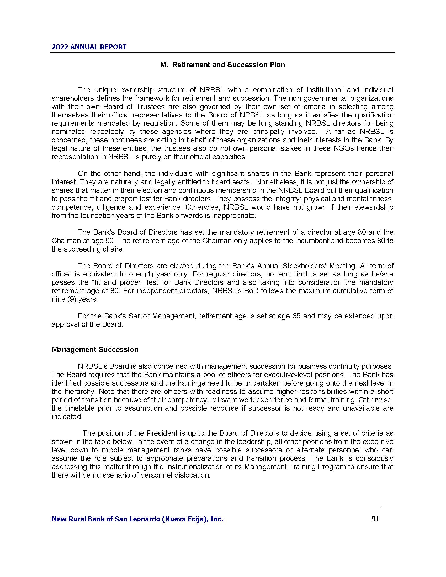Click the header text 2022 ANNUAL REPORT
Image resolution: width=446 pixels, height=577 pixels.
click(89, 47)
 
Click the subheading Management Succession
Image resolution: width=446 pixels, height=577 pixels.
click(95, 350)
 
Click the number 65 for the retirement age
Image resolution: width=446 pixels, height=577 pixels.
click(296, 316)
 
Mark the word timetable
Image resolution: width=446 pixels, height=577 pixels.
click(79, 408)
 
